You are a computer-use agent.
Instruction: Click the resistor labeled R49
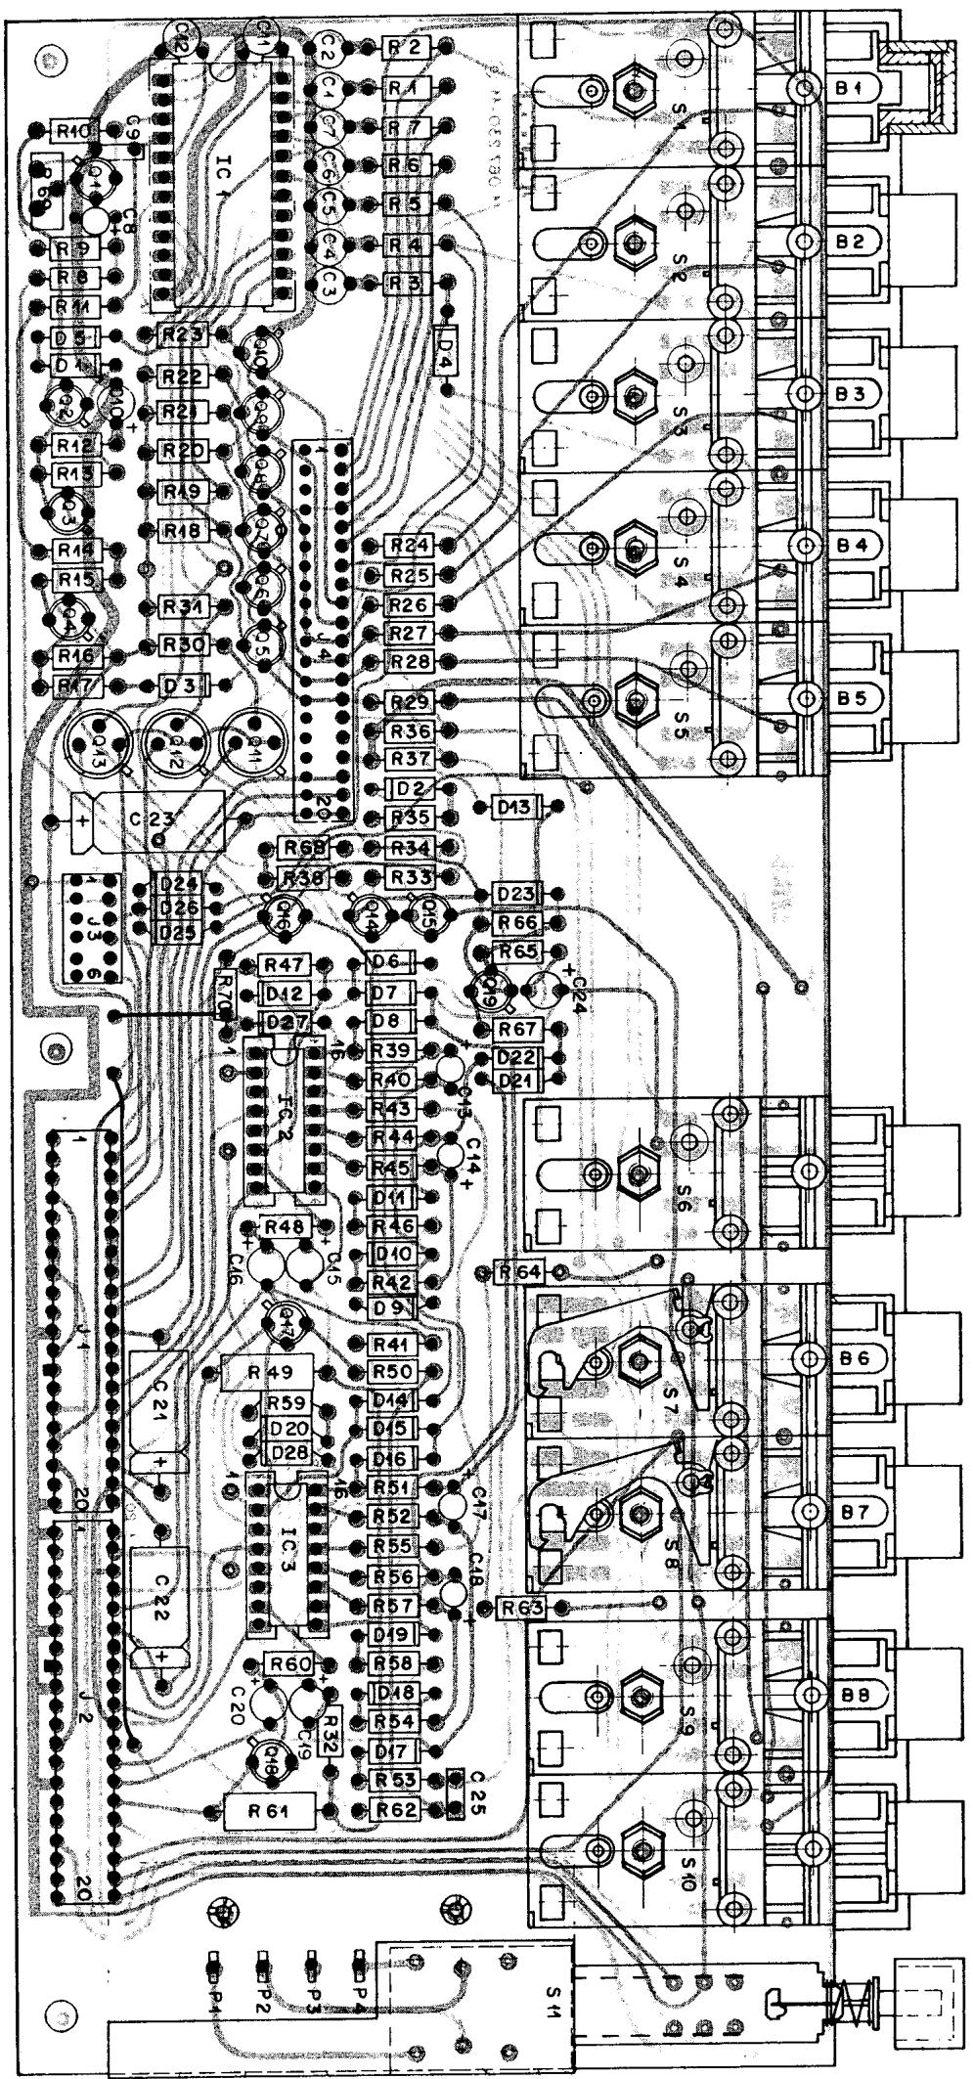(x=266, y=1372)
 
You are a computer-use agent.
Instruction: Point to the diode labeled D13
(x=514, y=807)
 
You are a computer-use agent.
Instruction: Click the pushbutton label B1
(x=849, y=87)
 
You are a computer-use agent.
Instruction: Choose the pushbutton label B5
(x=849, y=698)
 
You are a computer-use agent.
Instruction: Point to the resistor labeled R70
(x=224, y=995)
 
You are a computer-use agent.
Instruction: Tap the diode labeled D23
(x=514, y=894)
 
